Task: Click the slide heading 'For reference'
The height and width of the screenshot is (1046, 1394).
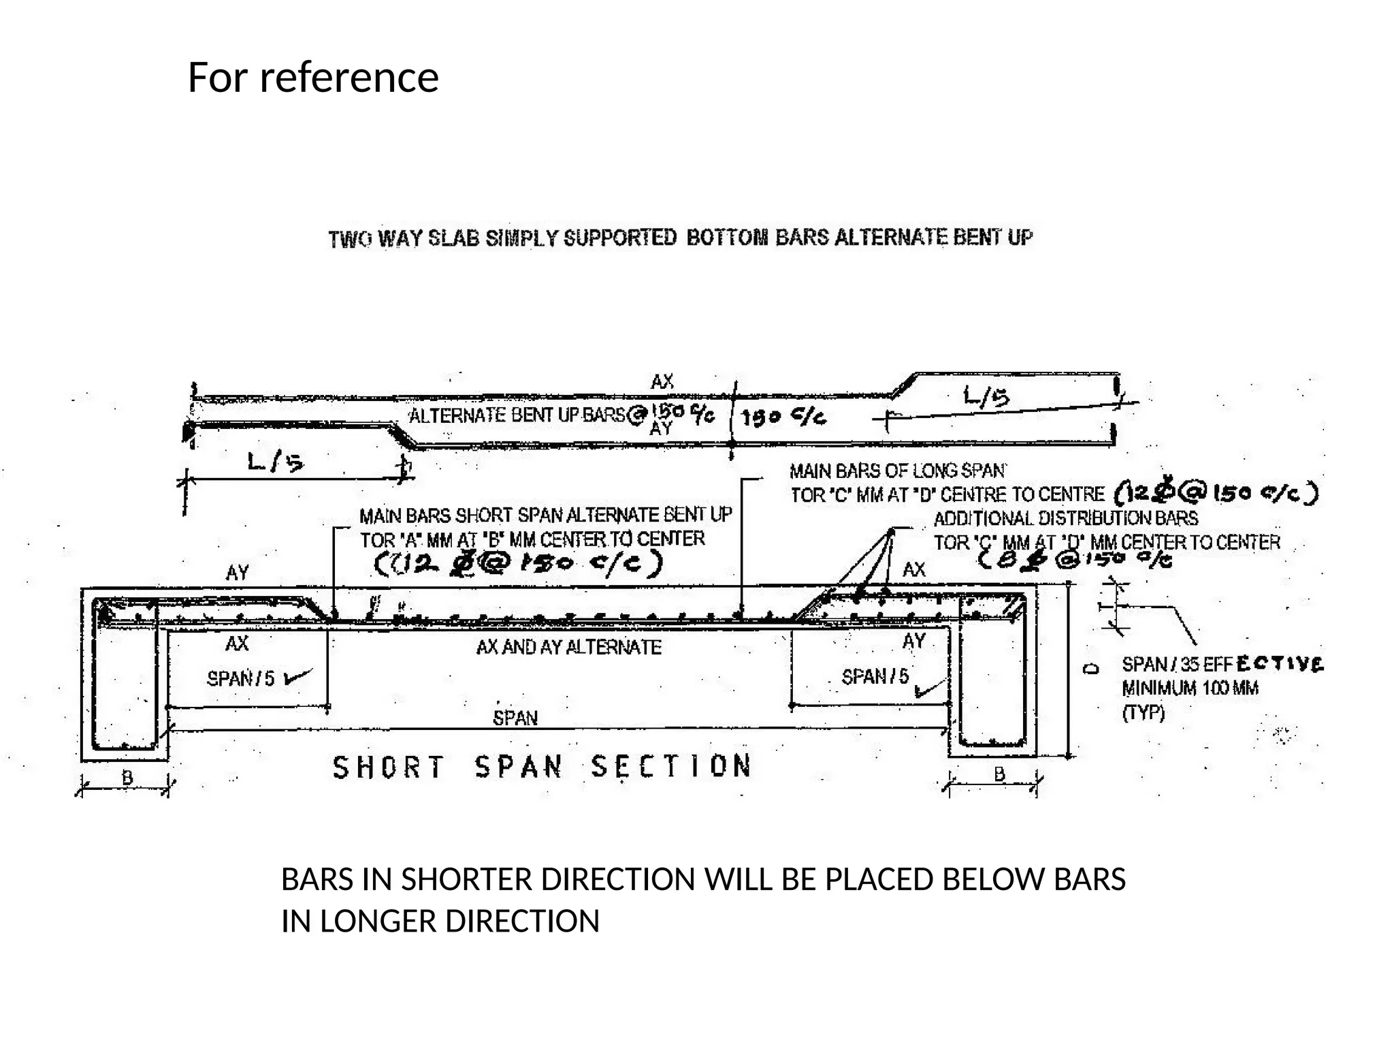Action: coord(312,77)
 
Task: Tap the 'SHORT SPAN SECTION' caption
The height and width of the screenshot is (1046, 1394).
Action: coord(542,767)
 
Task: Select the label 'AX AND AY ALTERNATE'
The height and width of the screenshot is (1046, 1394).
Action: coord(568,647)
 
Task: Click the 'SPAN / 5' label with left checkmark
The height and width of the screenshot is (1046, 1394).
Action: coord(241,678)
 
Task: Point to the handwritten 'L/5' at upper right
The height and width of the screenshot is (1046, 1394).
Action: coord(986,397)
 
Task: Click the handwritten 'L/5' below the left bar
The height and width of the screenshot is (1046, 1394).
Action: coord(276,463)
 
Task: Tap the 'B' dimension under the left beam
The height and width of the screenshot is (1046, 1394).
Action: coord(127,777)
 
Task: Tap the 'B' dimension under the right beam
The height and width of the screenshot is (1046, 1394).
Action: coord(999,774)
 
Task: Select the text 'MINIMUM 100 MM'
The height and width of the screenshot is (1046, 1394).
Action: coord(1190,688)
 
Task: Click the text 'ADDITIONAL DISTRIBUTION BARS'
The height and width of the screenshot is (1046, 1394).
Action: coord(1065,519)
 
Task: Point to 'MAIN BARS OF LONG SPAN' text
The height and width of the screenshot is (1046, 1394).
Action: coord(897,471)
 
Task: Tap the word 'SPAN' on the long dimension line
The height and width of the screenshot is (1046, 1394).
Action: coord(515,718)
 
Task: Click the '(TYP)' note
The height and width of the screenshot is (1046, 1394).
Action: coord(1143,713)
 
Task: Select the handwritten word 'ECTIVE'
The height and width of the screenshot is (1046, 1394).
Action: coord(1280,663)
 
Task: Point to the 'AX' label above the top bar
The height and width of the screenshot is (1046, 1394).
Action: coord(662,382)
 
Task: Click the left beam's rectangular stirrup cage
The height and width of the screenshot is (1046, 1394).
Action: coord(125,674)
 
